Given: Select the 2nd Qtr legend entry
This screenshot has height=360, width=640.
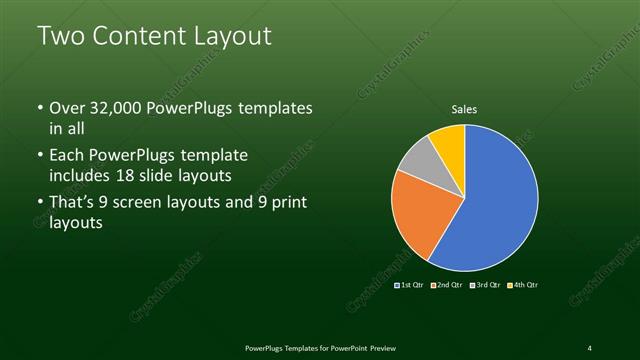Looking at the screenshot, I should coord(448,285).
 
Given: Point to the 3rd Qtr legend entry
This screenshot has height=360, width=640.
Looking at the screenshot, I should coord(486,285).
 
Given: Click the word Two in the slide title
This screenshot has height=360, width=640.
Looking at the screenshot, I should coord(59,37).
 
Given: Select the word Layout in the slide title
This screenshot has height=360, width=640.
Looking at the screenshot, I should coord(234,37).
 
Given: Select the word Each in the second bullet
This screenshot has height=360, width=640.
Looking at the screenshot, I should coord(67,157).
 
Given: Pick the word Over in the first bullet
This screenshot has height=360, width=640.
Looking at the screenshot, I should coord(68,108).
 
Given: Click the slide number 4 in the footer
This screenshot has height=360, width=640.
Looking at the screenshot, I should coord(589,347).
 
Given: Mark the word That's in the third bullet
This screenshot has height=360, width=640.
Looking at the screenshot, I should coord(73,205).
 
